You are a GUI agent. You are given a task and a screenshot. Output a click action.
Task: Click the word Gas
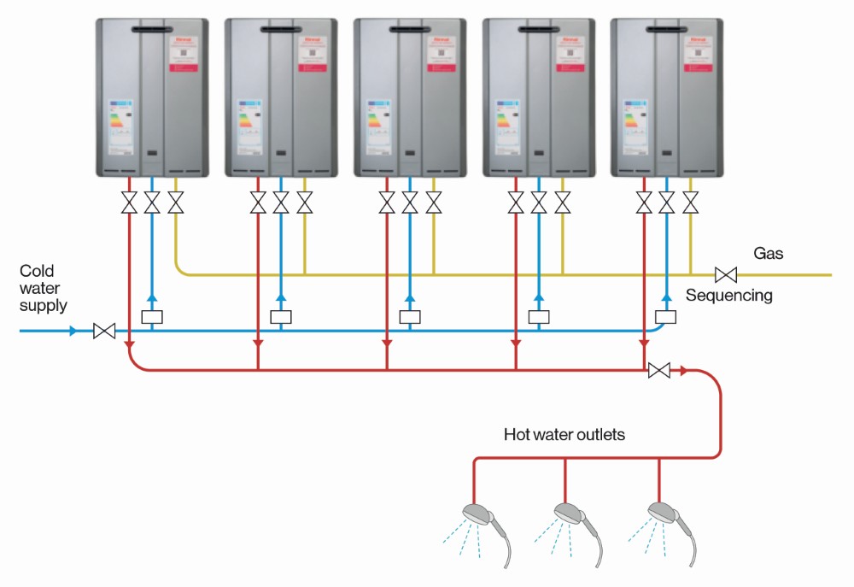(x=768, y=254)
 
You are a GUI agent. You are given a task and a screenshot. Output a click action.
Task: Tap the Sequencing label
(x=728, y=296)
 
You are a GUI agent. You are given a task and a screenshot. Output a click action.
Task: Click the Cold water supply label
(x=44, y=287)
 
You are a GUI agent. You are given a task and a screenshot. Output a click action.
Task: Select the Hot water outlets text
(x=564, y=435)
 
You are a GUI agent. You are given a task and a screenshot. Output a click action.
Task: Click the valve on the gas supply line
(x=726, y=275)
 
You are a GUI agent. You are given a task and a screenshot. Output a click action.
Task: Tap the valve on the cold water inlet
(x=104, y=331)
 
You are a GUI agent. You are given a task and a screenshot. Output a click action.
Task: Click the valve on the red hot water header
(x=659, y=371)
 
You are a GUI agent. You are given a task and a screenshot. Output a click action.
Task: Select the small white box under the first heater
(x=152, y=317)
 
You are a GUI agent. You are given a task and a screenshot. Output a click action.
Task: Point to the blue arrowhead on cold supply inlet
(x=73, y=331)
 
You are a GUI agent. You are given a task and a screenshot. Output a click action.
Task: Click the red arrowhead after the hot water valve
(x=683, y=371)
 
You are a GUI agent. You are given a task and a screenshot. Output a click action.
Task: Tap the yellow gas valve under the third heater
(x=434, y=203)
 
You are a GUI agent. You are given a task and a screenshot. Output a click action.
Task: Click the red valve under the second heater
(x=258, y=203)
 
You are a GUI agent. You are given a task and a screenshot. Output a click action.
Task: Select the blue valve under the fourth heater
(x=539, y=203)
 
